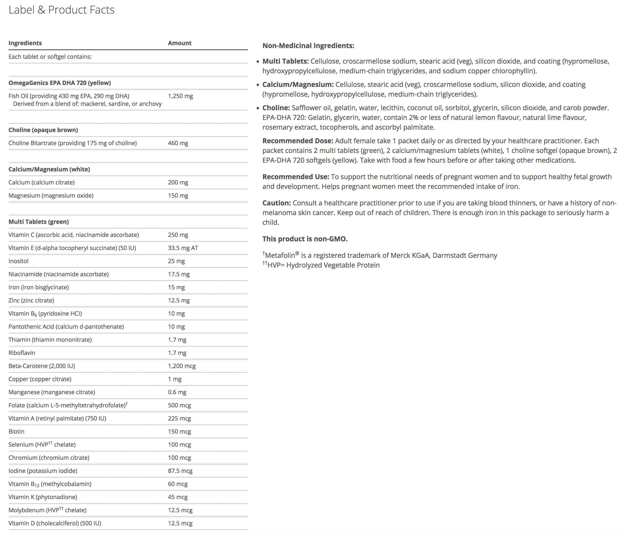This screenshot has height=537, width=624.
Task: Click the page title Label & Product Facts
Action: click(x=61, y=10)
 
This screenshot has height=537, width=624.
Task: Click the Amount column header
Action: click(x=180, y=43)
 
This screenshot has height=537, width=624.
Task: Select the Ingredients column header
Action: click(x=25, y=43)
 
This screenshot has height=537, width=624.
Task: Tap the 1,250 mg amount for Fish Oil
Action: click(x=181, y=96)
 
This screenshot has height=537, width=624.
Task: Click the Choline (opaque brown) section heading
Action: click(x=43, y=130)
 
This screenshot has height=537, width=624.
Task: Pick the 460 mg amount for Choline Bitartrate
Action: click(x=178, y=143)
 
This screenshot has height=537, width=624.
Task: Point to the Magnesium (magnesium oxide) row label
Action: click(x=51, y=196)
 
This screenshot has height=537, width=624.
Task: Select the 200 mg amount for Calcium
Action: click(x=178, y=182)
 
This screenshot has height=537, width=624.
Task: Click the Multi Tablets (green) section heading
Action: click(x=39, y=222)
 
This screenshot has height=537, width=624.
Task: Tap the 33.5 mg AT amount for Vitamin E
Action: click(x=183, y=248)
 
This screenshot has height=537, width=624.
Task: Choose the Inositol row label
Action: click(x=18, y=261)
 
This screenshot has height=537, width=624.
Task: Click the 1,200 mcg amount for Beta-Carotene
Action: click(x=182, y=366)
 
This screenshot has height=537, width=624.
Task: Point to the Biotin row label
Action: click(x=16, y=432)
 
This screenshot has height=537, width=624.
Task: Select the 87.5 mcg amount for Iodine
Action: click(x=180, y=471)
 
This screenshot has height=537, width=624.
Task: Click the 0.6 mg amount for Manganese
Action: click(x=177, y=392)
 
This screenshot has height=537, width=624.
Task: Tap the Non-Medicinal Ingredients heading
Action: click(x=308, y=46)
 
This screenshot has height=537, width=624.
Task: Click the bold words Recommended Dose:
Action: click(x=297, y=141)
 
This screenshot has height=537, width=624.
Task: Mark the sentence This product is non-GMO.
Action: click(x=305, y=239)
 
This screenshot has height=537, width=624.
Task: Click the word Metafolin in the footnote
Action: click(x=280, y=256)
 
